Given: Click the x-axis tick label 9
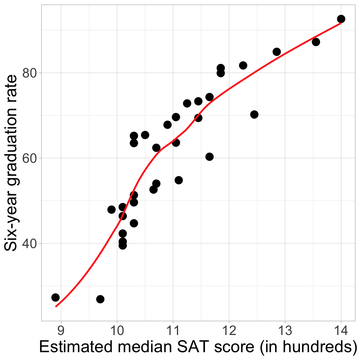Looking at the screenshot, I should [x=61, y=330].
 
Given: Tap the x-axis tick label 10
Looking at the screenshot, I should [x=117, y=330].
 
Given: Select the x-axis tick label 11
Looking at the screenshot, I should [x=173, y=330].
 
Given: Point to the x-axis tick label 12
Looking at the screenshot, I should [x=229, y=330].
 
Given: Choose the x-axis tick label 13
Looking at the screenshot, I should [x=285, y=330].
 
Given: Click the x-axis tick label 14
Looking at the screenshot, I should [x=341, y=330].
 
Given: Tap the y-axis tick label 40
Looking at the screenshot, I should [x=30, y=243].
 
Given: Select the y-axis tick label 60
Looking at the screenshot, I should [x=30, y=158].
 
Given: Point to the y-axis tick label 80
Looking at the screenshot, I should [x=30, y=73].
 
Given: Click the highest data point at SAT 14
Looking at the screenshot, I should [x=341, y=19].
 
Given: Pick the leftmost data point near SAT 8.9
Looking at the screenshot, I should [x=55, y=297].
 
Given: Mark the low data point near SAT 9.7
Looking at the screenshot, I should [x=100, y=299].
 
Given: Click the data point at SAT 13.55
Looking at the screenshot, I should [x=316, y=42].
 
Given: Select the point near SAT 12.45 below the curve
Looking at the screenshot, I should [x=254, y=114].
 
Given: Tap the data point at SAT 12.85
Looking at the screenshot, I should [x=277, y=52].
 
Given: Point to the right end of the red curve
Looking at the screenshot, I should [x=341, y=23].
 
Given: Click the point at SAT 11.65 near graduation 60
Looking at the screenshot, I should [x=209, y=157].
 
